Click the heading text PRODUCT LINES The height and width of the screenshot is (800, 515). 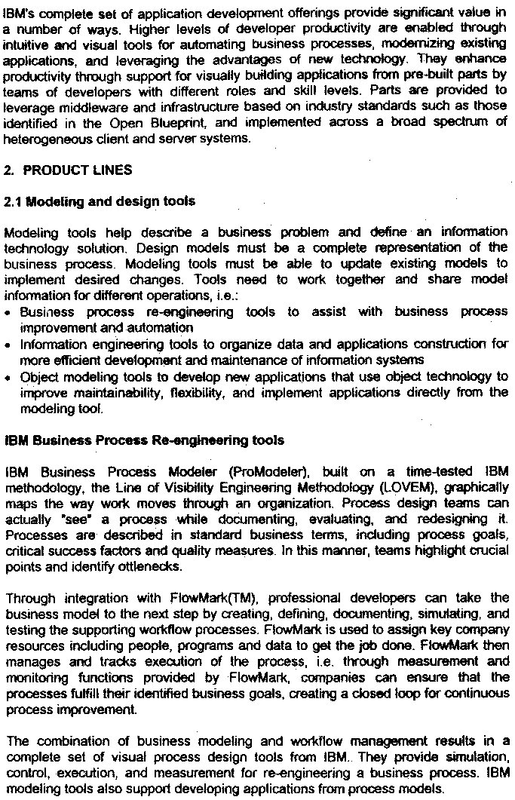pos(78,170)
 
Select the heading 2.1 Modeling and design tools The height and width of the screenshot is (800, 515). pos(100,201)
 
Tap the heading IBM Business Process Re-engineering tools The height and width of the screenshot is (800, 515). pos(144,440)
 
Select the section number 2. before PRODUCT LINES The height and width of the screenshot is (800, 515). pos(9,170)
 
